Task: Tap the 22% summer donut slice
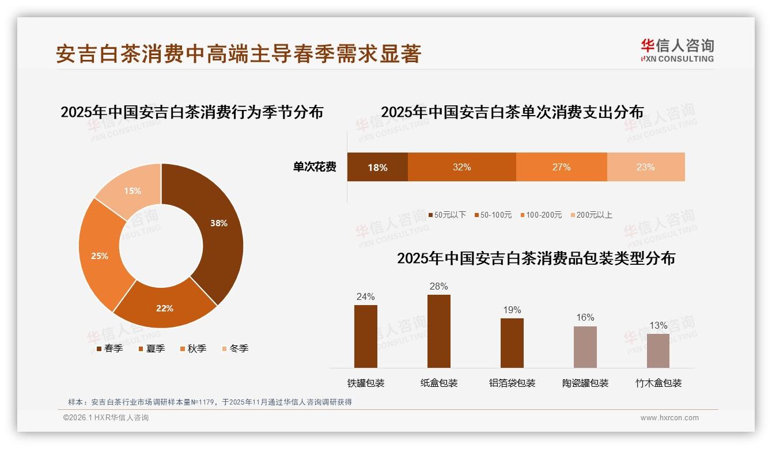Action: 165,308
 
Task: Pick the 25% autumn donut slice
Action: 100,256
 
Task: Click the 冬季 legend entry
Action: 234,348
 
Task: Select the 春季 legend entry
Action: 109,348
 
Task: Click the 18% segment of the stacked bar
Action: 377,168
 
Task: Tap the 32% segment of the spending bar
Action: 461,168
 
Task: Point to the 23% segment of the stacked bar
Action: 645,168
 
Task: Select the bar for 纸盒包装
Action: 439,331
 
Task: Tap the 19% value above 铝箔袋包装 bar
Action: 512,310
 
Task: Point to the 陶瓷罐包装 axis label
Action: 585,383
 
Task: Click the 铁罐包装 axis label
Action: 366,383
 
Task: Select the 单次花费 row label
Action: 315,168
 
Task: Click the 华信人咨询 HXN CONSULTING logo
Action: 677,51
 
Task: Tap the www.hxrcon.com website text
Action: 669,418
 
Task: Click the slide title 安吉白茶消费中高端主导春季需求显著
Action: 239,54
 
